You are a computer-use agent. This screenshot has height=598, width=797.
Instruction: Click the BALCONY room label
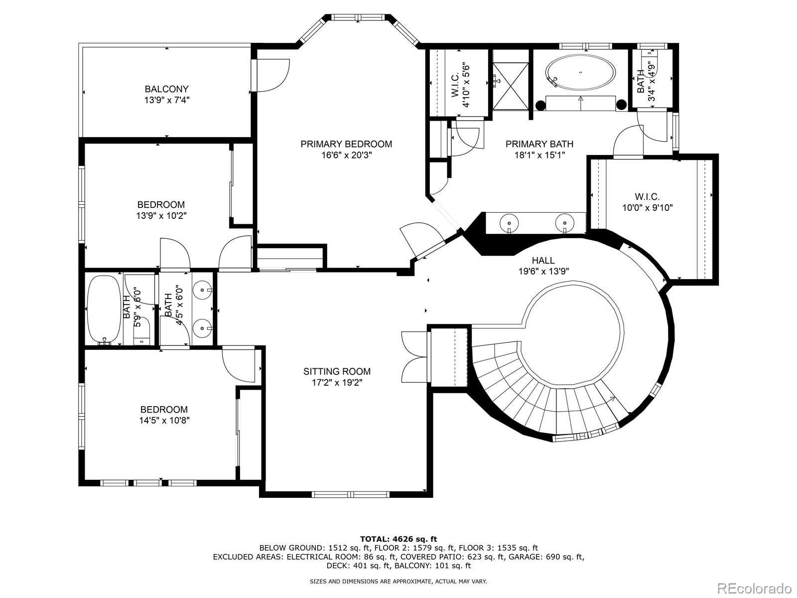tap(166, 89)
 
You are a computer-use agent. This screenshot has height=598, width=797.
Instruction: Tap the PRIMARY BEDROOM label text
tap(346, 144)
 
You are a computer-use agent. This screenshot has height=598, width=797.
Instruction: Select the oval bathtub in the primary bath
tap(580, 73)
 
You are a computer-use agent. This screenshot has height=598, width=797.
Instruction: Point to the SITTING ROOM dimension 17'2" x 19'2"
tap(337, 383)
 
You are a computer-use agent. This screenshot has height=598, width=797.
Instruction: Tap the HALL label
tap(543, 260)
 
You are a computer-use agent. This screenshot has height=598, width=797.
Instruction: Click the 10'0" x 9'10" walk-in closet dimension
tap(647, 208)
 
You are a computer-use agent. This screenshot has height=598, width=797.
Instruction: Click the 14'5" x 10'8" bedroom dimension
tap(164, 421)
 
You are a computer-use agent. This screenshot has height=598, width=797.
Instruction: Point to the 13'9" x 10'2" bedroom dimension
tap(161, 216)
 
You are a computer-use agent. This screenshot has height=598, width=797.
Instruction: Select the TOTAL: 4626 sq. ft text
tap(398, 539)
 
